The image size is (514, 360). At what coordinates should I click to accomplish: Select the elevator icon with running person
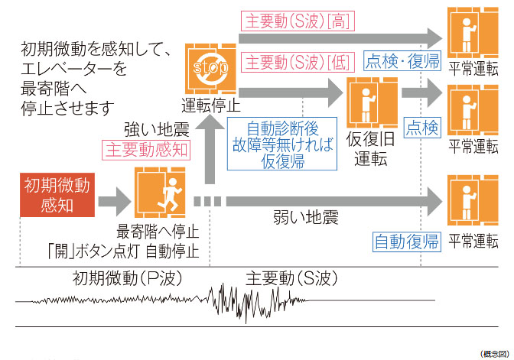pyautogui.click(x=159, y=193)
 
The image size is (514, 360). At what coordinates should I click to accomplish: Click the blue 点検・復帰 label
pyautogui.click(x=403, y=61)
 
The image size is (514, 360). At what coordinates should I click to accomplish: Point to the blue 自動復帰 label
pyautogui.click(x=407, y=242)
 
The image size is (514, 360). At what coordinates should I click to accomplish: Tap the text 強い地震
pyautogui.click(x=156, y=127)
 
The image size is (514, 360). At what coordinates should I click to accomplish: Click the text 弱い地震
pyautogui.click(x=305, y=219)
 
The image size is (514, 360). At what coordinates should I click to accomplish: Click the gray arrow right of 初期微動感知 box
pyautogui.click(x=114, y=202)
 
